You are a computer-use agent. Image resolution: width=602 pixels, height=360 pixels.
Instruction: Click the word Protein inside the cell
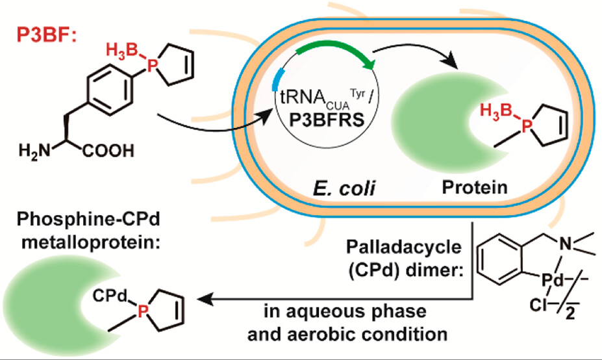465,188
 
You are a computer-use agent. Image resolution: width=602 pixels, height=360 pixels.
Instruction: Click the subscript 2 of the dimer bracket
571,337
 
